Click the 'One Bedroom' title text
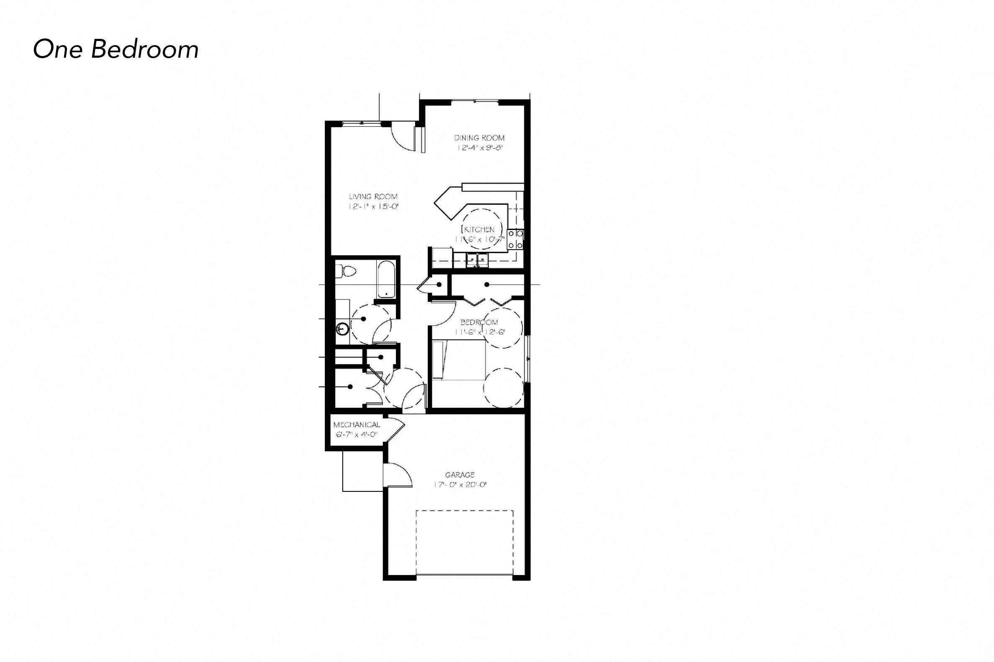pos(116,49)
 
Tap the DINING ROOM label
pos(479,138)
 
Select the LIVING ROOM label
pos(373,196)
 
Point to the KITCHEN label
pos(479,230)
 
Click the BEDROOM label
pos(479,322)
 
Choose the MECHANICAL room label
pos(357,425)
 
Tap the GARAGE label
pos(460,475)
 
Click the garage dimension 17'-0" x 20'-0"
pos(460,485)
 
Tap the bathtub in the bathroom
pos(386,279)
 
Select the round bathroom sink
pos(343,328)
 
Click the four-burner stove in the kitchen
pos(515,238)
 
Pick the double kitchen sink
pos(478,260)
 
